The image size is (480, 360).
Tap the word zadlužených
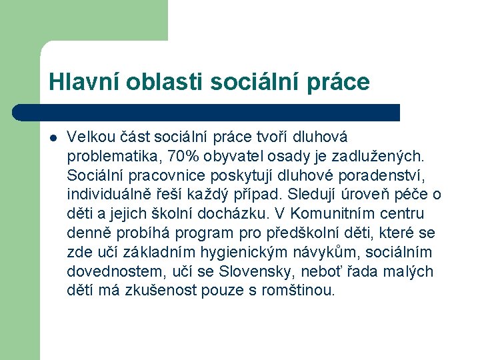click(383, 157)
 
